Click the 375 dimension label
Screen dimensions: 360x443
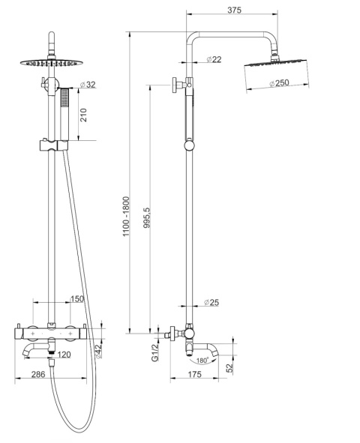click(x=235, y=10)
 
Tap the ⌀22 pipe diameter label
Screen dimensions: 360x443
click(x=214, y=59)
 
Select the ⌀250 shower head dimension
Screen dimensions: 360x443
click(x=279, y=83)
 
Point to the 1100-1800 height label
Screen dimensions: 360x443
click(x=126, y=217)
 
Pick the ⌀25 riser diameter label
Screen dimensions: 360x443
click(x=211, y=302)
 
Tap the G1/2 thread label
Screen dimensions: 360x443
click(x=154, y=353)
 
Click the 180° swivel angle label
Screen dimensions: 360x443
click(x=202, y=361)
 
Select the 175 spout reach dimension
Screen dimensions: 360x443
click(x=195, y=374)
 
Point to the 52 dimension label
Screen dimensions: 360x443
click(x=229, y=367)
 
